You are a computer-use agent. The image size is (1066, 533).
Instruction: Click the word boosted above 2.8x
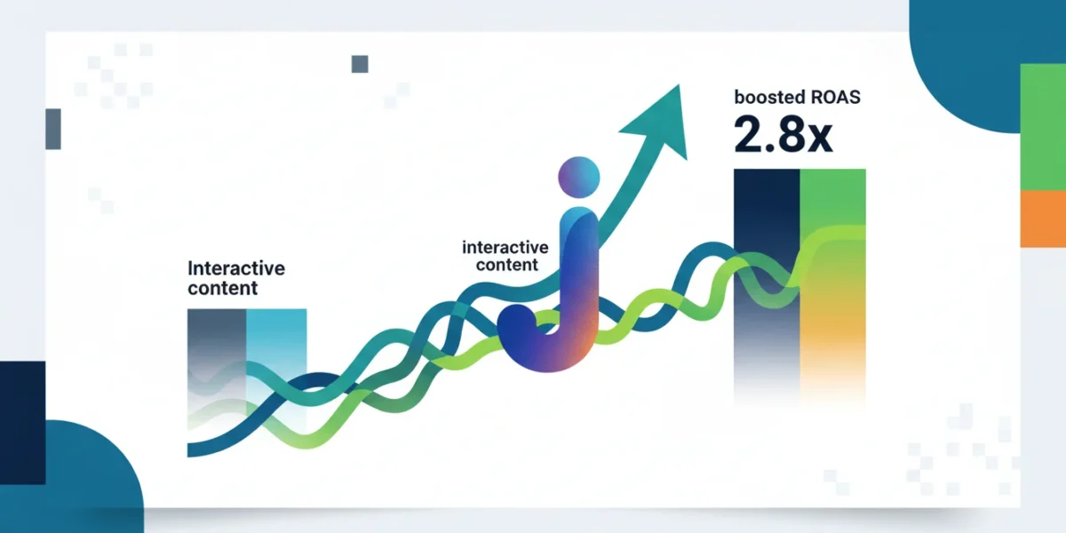coord(769,97)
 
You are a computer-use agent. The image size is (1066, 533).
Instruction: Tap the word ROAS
coord(836,97)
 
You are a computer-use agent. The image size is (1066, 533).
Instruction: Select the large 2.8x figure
coord(784,134)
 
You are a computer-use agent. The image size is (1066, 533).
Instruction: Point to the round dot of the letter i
coord(578,177)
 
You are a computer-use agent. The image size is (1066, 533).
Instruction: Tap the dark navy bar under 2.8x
coord(767,285)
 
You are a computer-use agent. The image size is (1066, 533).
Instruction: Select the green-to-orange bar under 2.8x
coord(833,285)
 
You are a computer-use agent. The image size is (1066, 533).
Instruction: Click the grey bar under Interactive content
coord(217,366)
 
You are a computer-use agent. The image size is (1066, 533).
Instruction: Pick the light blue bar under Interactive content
coord(276,366)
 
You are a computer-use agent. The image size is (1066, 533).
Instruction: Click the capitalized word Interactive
coord(236,268)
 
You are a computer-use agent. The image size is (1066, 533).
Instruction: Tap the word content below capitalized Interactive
coord(223,289)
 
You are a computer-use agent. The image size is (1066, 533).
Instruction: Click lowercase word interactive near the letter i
coord(505,248)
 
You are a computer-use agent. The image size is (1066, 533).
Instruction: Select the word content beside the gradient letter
coord(507,265)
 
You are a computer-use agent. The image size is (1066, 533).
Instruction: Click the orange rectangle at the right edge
coord(1043,219)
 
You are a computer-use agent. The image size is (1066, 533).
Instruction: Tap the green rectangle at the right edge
coord(1043,127)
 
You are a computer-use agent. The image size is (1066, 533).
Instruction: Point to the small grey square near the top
coord(360,64)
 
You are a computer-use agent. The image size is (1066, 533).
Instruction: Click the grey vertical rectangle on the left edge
coord(53,129)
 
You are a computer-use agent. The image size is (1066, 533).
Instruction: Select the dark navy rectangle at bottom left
coord(23,423)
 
